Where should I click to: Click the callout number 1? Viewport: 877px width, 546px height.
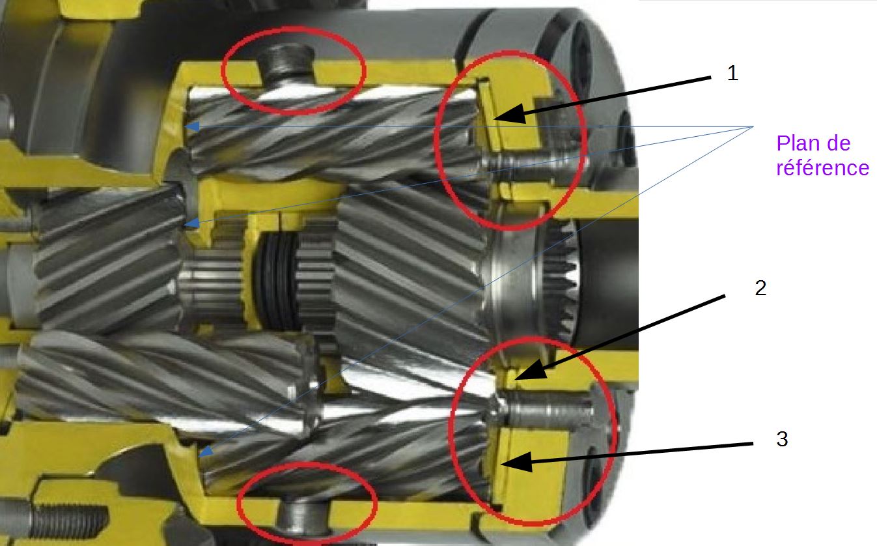click(732, 73)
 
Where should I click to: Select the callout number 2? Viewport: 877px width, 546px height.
click(760, 288)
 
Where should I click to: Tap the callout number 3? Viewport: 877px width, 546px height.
click(782, 438)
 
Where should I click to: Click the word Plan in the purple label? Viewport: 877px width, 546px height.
click(800, 143)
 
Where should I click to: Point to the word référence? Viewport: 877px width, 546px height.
click(822, 167)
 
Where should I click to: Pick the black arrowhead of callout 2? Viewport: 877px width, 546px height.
click(531, 369)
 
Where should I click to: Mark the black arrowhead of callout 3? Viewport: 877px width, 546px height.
click(517, 462)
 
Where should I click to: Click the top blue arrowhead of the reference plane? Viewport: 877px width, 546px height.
click(192, 126)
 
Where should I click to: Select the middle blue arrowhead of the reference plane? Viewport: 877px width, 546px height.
click(192, 223)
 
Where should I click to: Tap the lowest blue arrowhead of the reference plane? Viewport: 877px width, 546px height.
click(206, 452)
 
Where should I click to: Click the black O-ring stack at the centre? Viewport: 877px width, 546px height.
click(277, 281)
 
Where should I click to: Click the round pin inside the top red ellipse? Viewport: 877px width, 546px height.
click(287, 65)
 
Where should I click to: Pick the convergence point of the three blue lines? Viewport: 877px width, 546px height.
click(753, 126)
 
